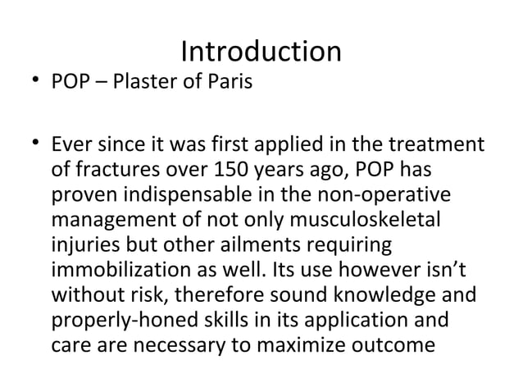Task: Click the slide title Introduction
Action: coord(261,52)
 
